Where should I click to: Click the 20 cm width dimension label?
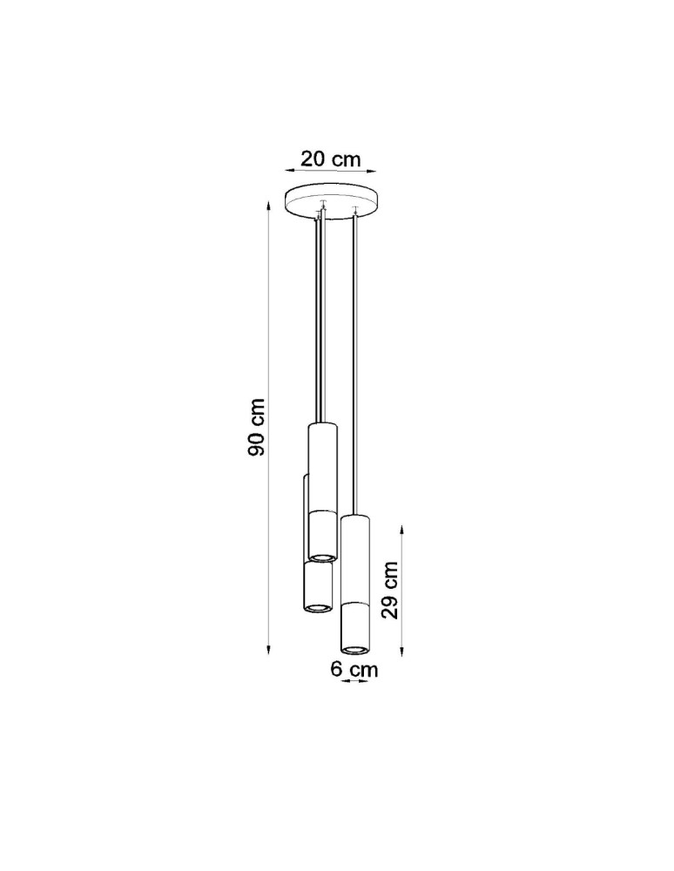point(330,159)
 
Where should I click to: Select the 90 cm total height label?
point(258,428)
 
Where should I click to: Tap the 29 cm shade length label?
point(391,589)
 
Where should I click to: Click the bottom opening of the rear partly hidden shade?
point(319,606)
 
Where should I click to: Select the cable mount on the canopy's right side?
point(354,209)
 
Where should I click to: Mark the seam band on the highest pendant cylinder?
point(321,510)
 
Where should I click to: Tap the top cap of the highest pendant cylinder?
point(321,425)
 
